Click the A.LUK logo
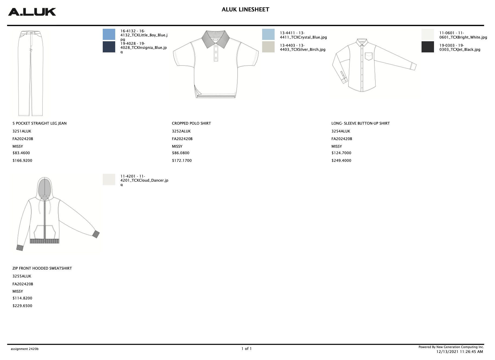pos(32,12)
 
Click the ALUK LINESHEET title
pos(245,10)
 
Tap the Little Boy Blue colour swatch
pos(109,34)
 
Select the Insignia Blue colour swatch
pos(109,47)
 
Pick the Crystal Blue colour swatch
pos(268,34)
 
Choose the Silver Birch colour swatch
pos(268,47)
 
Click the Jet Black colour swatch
pos(428,47)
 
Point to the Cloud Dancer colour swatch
pos(109,179)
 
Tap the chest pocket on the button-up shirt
pos(369,56)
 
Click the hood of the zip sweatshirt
pos(45,187)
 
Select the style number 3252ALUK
pos(181,131)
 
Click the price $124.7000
pos(341,153)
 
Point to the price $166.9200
pos(22,160)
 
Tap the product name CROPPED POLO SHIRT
pos(191,123)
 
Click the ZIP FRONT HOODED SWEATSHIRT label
pos(42,268)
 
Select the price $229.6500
pos(22,306)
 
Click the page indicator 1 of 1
pos(246,349)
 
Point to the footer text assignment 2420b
pos(25,349)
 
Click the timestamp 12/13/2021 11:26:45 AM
pos(459,352)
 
